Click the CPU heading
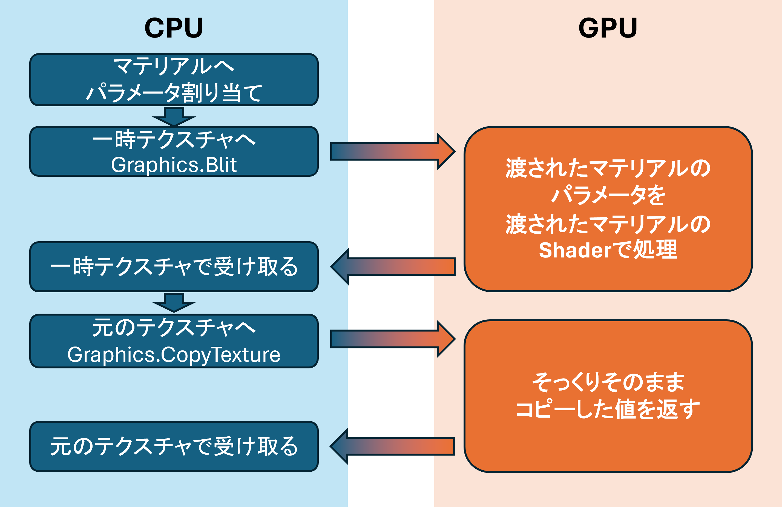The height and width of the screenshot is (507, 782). (174, 28)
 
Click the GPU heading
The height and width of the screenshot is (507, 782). (608, 28)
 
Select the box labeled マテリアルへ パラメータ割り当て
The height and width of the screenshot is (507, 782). (174, 79)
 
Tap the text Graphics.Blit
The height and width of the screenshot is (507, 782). (174, 165)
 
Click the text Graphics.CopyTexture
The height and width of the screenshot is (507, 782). (174, 355)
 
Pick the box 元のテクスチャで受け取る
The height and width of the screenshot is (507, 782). (174, 446)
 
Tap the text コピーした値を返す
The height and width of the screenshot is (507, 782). (608, 409)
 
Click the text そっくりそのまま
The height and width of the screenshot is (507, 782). (608, 382)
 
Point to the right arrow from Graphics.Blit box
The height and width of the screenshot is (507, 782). (393, 151)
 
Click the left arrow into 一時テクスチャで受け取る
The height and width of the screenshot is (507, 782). (393, 266)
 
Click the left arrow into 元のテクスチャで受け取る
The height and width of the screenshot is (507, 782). (393, 446)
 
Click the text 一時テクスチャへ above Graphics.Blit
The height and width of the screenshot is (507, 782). (174, 140)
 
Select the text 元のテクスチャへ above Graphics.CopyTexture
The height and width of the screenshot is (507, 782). (174, 328)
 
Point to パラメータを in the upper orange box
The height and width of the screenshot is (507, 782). (608, 195)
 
